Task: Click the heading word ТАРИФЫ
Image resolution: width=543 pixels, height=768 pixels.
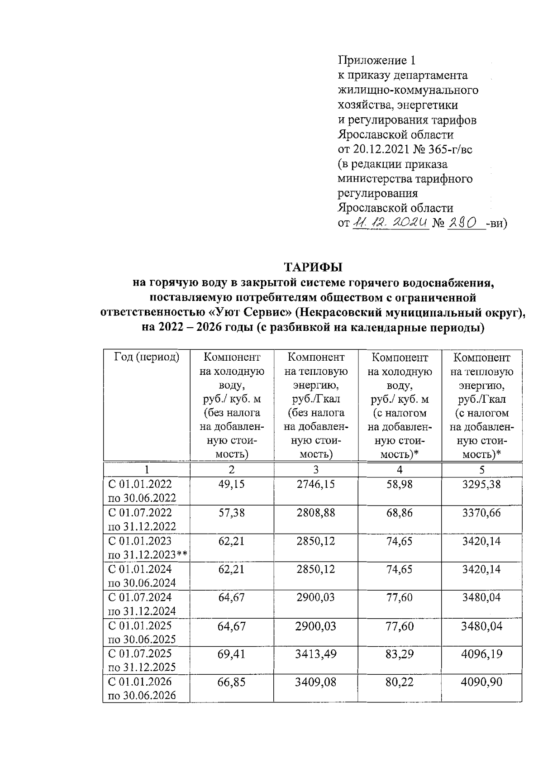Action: [x=313, y=267]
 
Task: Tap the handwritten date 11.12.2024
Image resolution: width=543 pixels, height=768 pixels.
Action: [x=391, y=223]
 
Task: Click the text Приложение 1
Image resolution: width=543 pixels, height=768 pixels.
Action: [x=376, y=60]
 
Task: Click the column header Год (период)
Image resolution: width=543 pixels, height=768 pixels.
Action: [x=147, y=357]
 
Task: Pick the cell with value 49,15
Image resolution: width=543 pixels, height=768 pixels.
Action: [x=231, y=484]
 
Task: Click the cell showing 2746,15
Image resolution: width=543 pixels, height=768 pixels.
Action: [x=316, y=484]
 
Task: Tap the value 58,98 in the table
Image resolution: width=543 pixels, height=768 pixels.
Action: [x=400, y=484]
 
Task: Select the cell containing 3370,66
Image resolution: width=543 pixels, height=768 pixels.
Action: [x=481, y=513]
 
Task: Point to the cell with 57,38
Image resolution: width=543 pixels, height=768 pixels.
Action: [x=231, y=513]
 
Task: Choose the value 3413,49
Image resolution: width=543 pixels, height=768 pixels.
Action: [x=316, y=654]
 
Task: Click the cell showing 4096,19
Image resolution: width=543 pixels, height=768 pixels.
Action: [x=481, y=654]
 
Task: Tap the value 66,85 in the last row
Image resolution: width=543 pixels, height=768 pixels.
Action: [x=231, y=682]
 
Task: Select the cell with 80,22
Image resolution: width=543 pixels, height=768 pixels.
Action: [x=400, y=682]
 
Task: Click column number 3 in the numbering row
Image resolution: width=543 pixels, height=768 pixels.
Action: [x=316, y=469]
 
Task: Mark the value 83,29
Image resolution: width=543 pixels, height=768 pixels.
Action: [x=400, y=654]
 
